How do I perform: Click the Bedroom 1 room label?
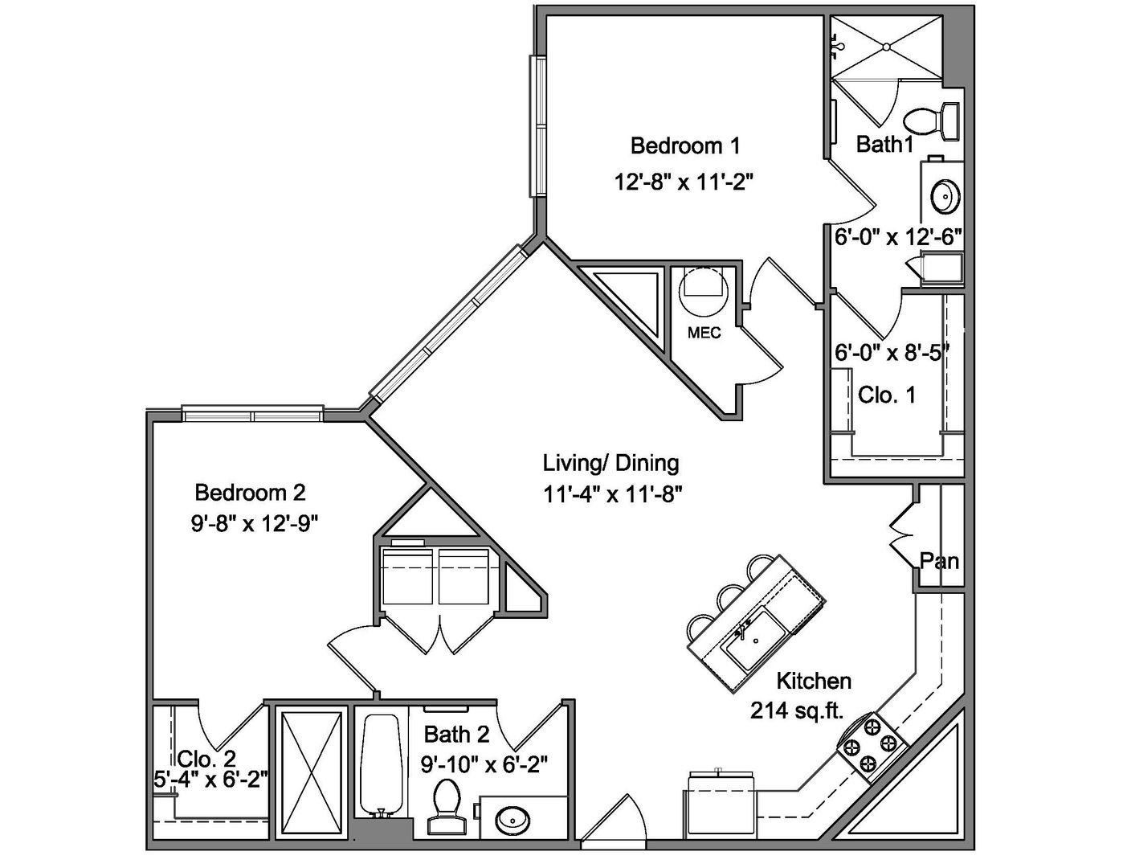pyautogui.click(x=685, y=145)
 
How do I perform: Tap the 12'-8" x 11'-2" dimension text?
pyautogui.click(x=684, y=182)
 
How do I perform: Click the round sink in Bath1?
pyautogui.click(x=945, y=196)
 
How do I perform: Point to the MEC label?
pyautogui.click(x=704, y=333)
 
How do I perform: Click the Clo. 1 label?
pyautogui.click(x=886, y=395)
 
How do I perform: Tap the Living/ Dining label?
pyautogui.click(x=611, y=463)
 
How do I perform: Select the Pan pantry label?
pyautogui.click(x=939, y=561)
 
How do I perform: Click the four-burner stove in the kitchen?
pyautogui.click(x=872, y=747)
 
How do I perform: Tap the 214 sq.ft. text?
pyautogui.click(x=796, y=712)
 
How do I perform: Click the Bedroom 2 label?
pyautogui.click(x=250, y=492)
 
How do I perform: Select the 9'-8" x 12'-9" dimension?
pyautogui.click(x=254, y=525)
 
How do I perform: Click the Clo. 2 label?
pyautogui.click(x=206, y=759)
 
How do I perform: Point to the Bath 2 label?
pyautogui.click(x=456, y=734)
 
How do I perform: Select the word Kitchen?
pyautogui.click(x=814, y=681)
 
